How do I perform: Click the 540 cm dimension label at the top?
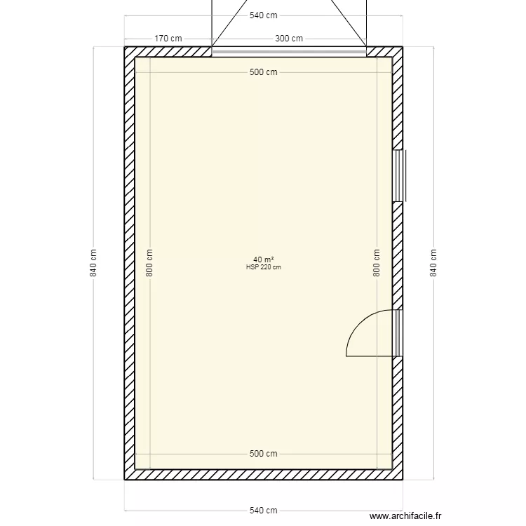tap(263, 15)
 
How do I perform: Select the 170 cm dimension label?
tap(168, 39)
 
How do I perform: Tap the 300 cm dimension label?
tap(288, 39)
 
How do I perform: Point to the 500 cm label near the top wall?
tap(263, 72)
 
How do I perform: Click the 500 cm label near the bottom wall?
tap(263, 454)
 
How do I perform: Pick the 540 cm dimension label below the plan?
tap(263, 511)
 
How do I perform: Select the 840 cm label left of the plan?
tap(93, 263)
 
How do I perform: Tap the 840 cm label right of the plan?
tap(433, 263)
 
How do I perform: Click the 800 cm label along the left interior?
tap(149, 263)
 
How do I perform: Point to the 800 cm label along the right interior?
tap(377, 263)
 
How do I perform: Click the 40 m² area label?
tap(263, 259)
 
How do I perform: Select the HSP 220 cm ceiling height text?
tap(263, 267)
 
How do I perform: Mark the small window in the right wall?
tap(398, 175)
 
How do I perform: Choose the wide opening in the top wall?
tap(288, 50)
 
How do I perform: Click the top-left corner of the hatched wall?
tap(126, 48)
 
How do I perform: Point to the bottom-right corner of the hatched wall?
tap(400, 478)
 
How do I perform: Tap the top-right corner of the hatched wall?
tap(400, 48)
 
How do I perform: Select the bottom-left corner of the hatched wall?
tap(126, 478)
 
